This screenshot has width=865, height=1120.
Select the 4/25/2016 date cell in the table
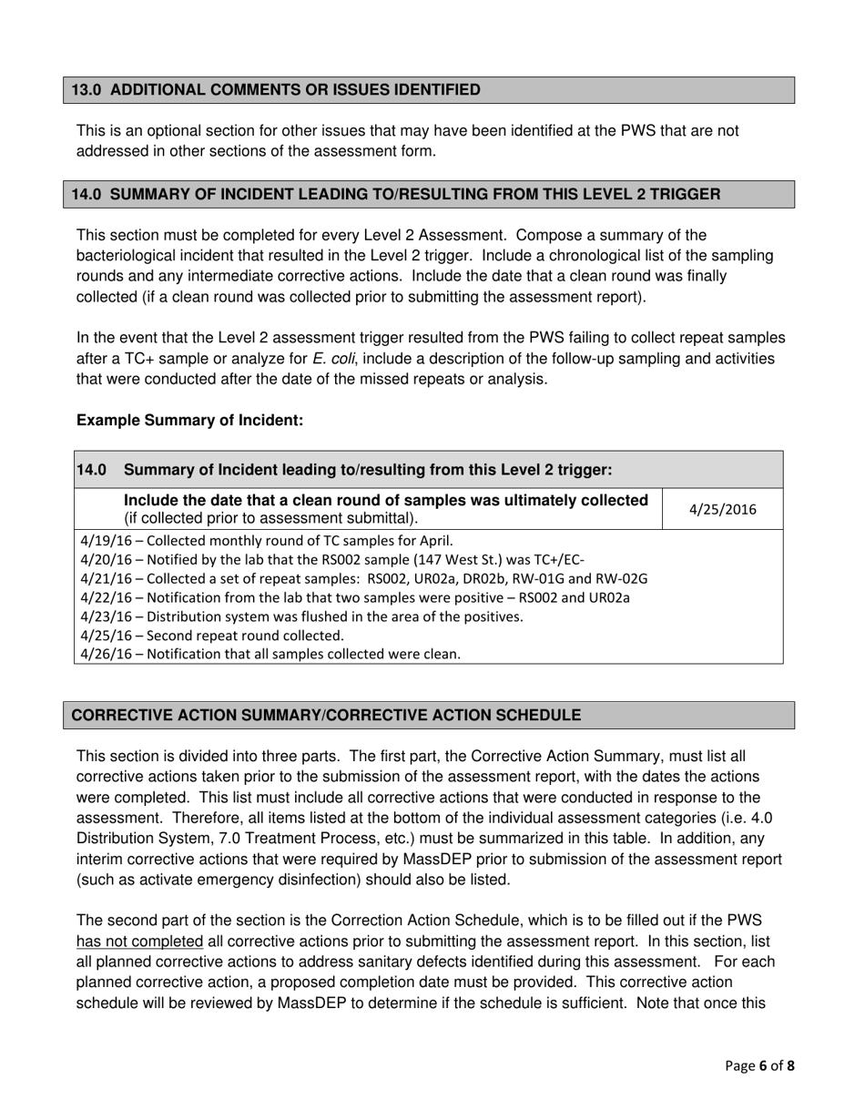(723, 510)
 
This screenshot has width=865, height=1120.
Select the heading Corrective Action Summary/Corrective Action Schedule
(325, 715)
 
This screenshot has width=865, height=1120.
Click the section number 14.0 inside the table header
(91, 470)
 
